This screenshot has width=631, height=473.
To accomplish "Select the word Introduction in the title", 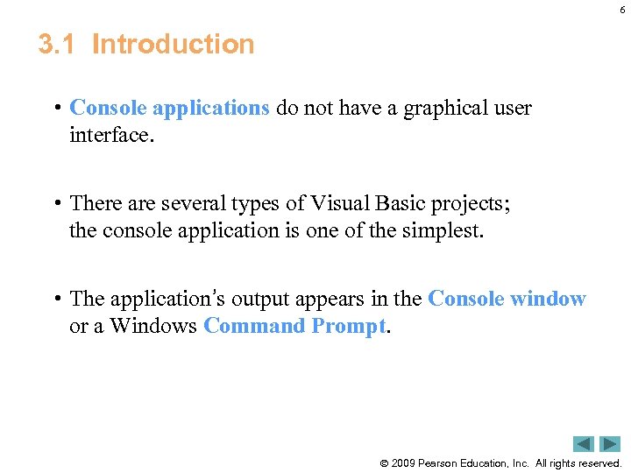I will (x=173, y=44).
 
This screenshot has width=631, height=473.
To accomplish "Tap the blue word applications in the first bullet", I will (x=210, y=108).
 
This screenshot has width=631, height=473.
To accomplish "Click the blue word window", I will (x=548, y=299).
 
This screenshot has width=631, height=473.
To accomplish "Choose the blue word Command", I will (x=256, y=326).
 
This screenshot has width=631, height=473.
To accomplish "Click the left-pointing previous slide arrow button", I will (x=585, y=444).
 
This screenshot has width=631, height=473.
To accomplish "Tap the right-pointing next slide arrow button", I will (x=610, y=444).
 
